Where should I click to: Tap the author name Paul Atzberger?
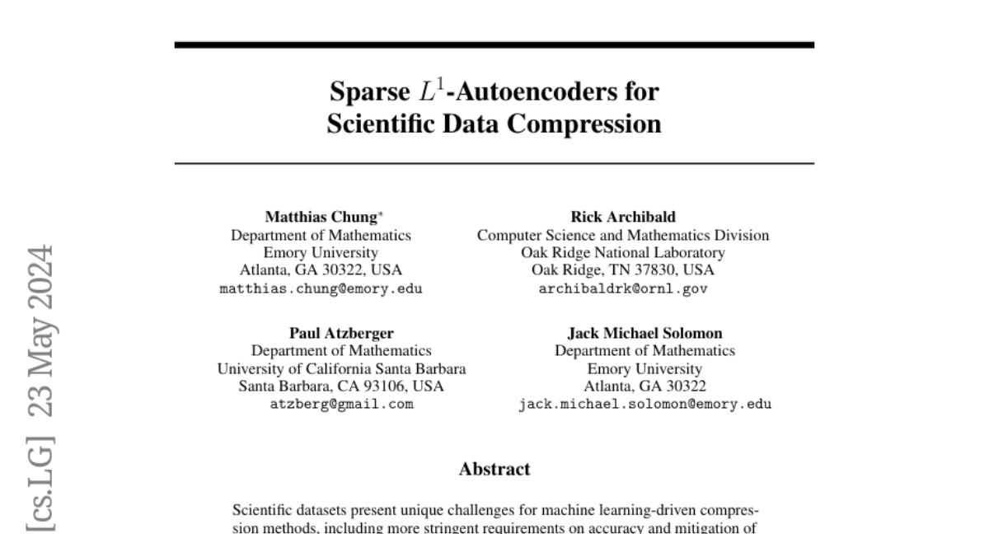coord(341,334)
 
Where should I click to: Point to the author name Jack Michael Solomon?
coord(644,334)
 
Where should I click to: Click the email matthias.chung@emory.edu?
coord(321,289)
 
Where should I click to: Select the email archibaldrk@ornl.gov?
coord(623,289)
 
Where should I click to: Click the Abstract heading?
coord(494,470)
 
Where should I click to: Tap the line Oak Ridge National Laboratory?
coord(623,253)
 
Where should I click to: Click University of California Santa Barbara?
coord(341,369)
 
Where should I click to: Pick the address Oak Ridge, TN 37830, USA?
coord(623,270)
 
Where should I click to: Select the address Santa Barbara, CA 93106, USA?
coord(341,386)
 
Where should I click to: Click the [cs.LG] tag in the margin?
coord(42,480)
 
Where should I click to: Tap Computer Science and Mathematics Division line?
coord(623,236)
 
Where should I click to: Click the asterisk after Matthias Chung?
coord(380,215)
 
